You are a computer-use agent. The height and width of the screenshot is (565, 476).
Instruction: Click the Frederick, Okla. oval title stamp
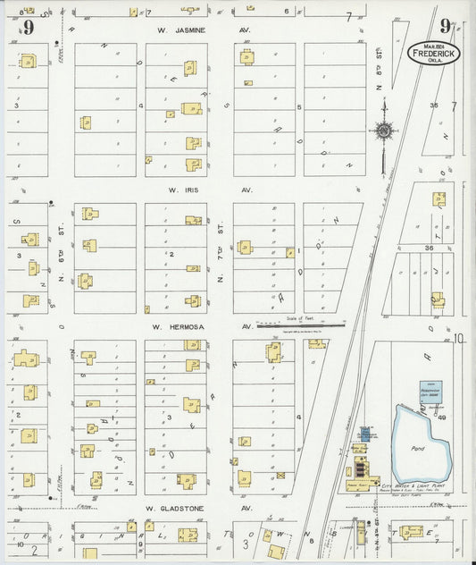coord(435,53)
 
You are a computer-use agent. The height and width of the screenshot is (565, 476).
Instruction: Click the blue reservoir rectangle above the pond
coord(434,392)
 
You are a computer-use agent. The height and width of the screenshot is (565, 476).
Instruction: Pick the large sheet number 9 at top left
coord(29,27)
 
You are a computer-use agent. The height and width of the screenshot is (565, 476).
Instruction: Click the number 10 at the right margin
coord(459,339)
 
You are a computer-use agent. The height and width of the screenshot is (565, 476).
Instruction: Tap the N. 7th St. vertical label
coord(220,268)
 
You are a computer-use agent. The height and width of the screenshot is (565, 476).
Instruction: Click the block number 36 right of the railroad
coord(429,248)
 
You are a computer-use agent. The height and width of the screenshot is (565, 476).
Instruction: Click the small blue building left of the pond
coord(364,434)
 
